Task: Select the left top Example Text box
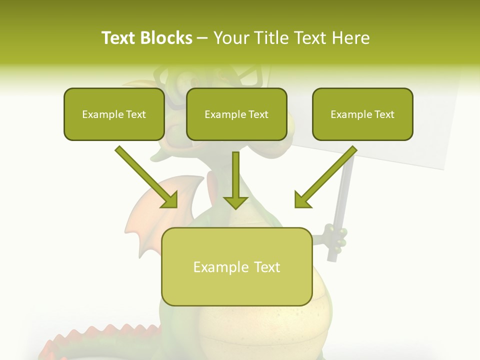[114, 114]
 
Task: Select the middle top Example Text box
[236, 114]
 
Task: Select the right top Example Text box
[362, 114]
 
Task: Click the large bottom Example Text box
[236, 267]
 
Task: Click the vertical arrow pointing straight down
[235, 180]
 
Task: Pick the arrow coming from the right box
[325, 177]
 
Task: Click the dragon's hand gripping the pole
[335, 237]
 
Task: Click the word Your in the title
[232, 38]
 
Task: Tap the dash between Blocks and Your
[202, 38]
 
